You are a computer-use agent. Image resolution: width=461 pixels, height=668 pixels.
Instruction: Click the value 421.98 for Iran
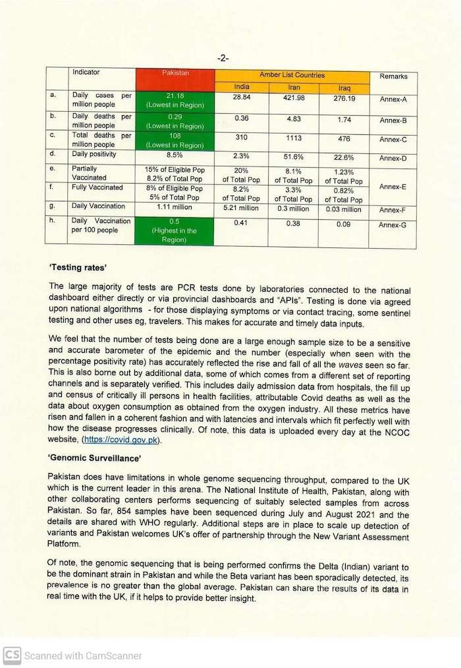coord(294,98)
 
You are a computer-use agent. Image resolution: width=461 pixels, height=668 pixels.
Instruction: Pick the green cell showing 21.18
coord(175,101)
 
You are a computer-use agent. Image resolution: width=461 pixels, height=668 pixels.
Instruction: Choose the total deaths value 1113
coord(294,139)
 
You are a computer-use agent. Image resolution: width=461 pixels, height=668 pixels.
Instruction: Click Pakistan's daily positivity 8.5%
coord(175,155)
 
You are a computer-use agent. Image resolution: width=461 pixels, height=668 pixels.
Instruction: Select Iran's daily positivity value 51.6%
coord(294,157)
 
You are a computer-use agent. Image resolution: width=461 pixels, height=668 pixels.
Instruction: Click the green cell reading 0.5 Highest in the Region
coord(175,231)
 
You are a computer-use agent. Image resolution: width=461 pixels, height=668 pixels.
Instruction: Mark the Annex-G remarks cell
coord(393,225)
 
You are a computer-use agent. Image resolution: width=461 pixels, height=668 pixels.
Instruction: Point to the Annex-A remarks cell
coord(393,100)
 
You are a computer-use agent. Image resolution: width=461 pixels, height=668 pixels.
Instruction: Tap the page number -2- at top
coord(223,58)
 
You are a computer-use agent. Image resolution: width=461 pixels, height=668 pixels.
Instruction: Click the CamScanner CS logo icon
coord(11,655)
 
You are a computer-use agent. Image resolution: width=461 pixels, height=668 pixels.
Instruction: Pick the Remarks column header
coord(393,76)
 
